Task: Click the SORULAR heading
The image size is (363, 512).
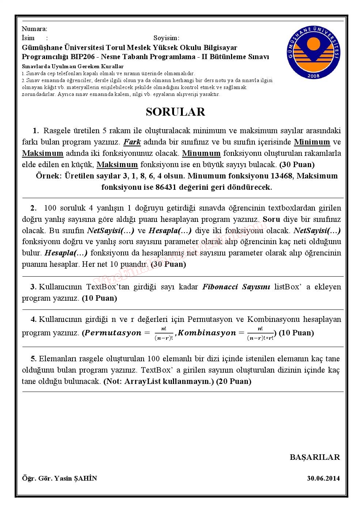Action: coord(175,112)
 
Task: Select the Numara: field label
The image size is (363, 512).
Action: coord(34,29)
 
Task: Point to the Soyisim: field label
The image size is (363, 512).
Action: coord(166,38)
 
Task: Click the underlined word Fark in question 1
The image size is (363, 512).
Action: coord(132,142)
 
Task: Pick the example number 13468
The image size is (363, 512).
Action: coord(281,176)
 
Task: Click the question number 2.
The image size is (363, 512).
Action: coord(34,208)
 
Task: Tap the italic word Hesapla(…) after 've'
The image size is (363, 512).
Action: coord(170,231)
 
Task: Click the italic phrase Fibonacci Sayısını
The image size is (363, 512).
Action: coord(236,287)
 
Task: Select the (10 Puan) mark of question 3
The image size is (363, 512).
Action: coord(99,298)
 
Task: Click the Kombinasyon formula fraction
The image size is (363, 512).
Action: coord(260,333)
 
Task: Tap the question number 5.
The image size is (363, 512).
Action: coord(34,359)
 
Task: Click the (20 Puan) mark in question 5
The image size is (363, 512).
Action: coord(234,381)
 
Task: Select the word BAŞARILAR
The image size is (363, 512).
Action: coord(315,457)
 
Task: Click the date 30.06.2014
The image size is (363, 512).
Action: coord(324,478)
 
